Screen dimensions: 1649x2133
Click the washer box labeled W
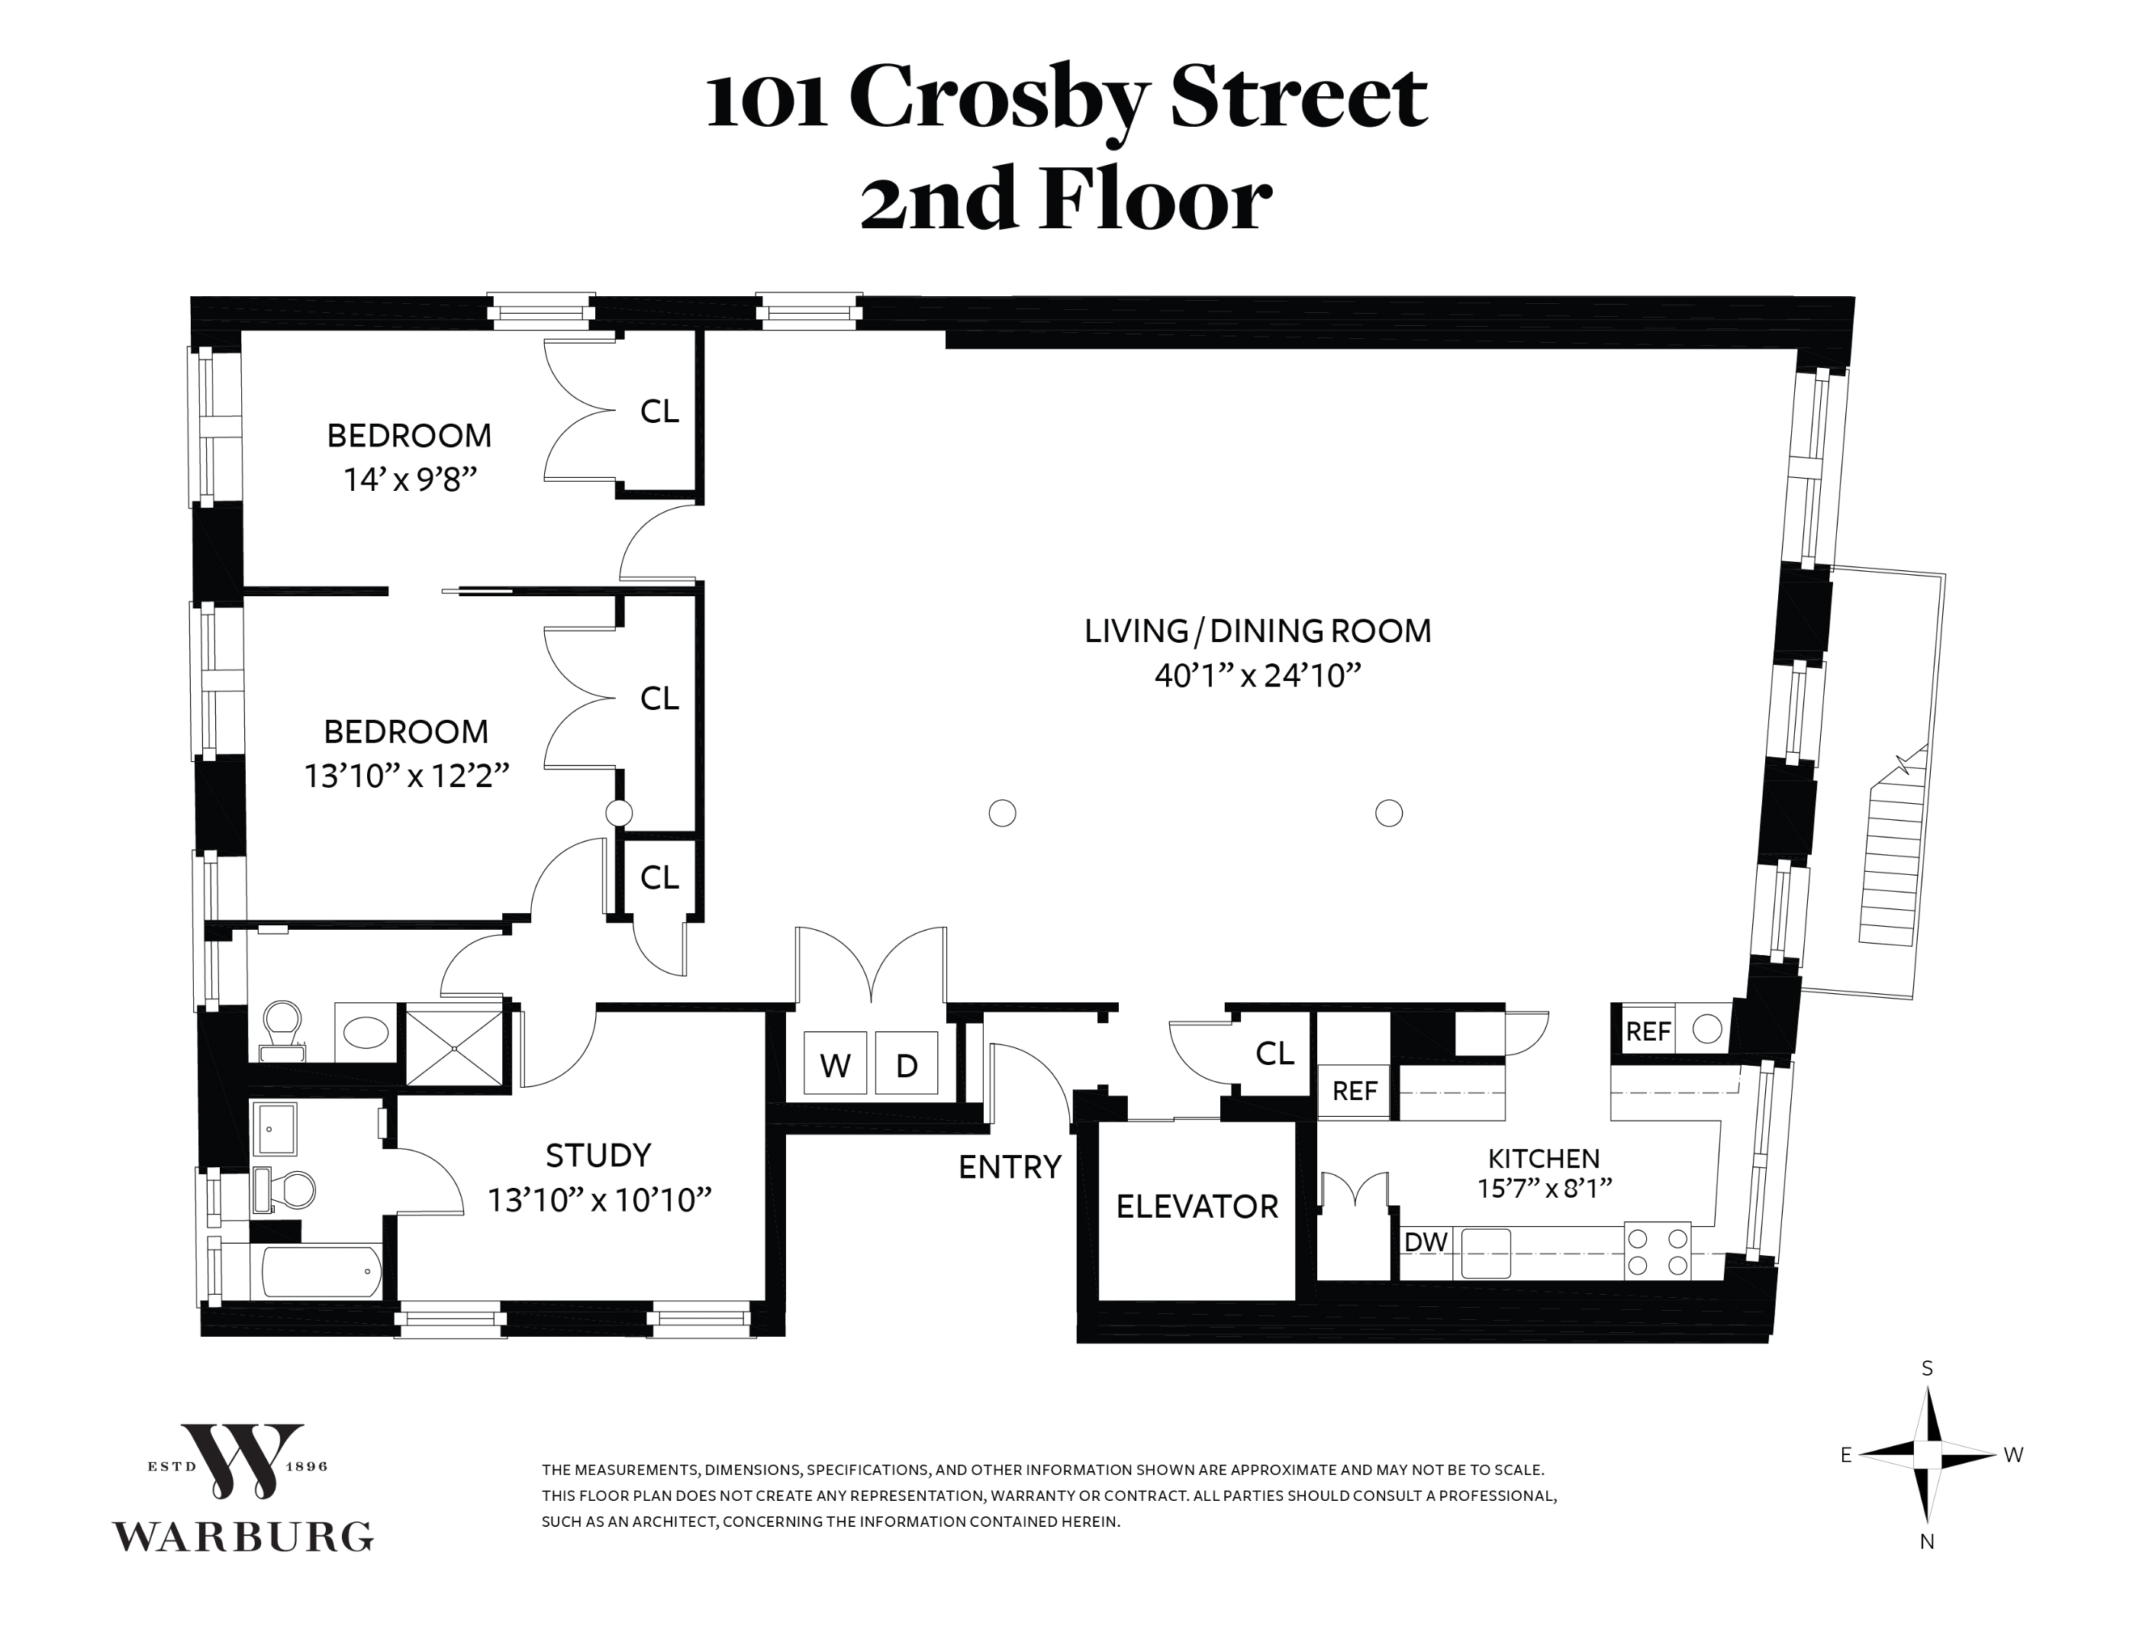pos(834,1064)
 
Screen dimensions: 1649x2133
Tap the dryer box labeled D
pos(907,1064)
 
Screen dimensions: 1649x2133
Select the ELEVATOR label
pos(1197,1206)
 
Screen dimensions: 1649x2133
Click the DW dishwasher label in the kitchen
pos(1426,1241)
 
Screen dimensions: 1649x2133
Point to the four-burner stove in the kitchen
pos(1658,1251)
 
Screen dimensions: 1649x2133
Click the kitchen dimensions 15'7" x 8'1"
pos(1544,1187)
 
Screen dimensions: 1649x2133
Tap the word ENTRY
pos(1009,1167)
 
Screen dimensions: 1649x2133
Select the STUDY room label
pos(598,1156)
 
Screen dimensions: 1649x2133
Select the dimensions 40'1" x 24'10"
pos(1257,675)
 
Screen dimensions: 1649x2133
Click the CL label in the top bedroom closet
pos(659,411)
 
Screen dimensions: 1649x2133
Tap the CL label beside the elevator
pos(1274,1052)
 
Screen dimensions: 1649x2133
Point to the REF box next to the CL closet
pos(1355,1090)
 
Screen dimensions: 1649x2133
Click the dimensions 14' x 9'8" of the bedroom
pos(409,479)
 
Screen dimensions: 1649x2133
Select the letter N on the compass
pos(1927,1541)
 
